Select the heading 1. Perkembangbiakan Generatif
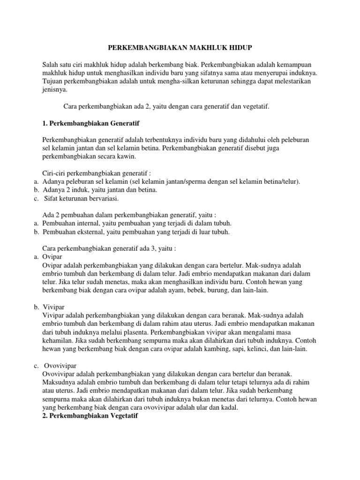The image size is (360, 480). click(x=88, y=123)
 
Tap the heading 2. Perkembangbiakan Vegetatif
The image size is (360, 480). click(x=88, y=416)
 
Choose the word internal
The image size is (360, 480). click(x=88, y=223)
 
